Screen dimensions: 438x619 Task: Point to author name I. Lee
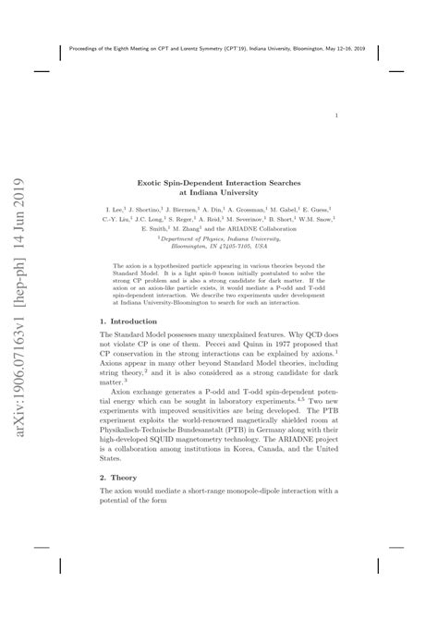[116, 187]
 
